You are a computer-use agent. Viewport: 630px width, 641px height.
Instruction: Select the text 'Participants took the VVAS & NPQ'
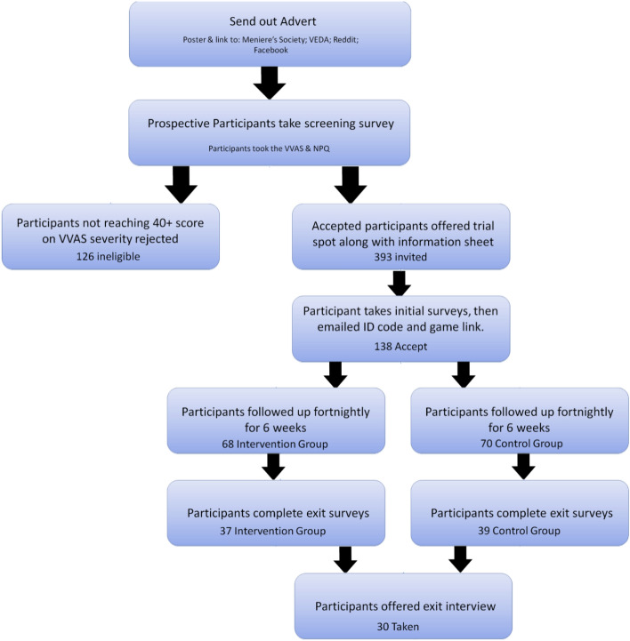coord(269,147)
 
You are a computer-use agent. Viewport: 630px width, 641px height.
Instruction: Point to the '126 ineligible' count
coord(110,252)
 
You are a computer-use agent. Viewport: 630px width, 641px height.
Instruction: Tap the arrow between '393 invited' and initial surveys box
coord(400,284)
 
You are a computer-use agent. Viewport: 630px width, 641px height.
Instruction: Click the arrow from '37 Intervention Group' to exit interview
coord(344,558)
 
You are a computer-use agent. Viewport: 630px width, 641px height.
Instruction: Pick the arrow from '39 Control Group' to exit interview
coord(460,558)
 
